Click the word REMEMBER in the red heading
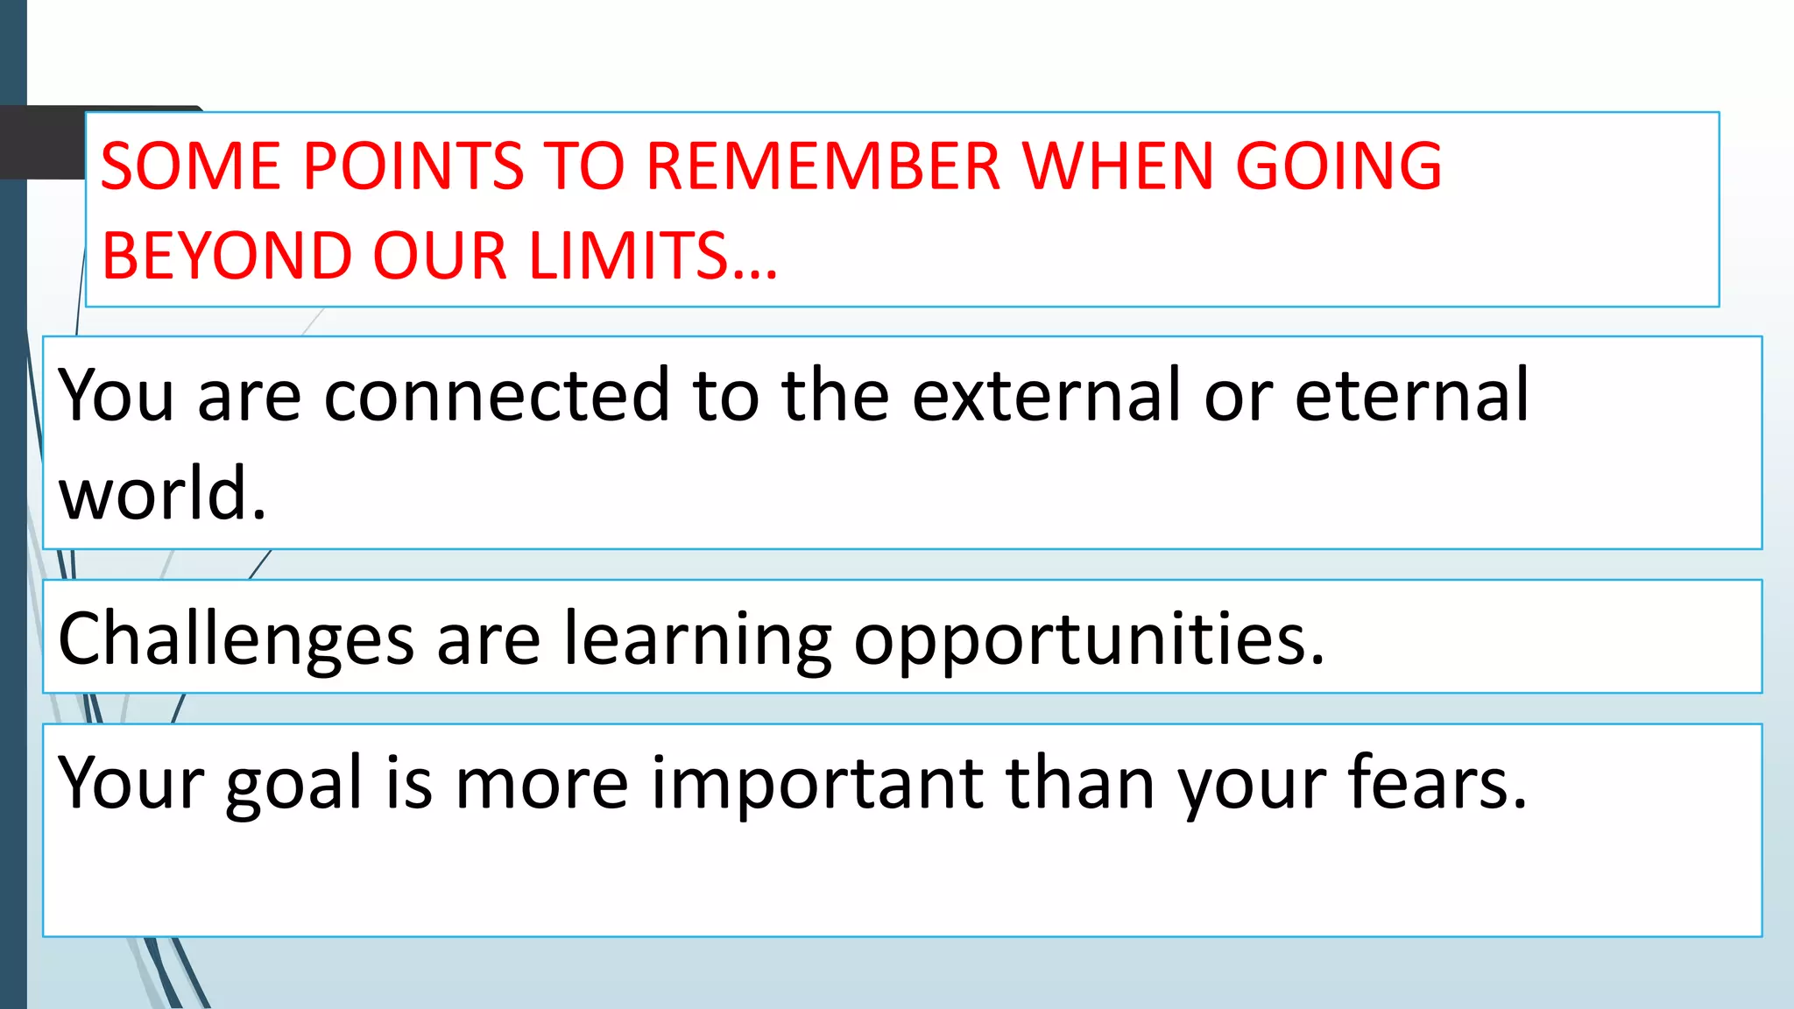pos(823,166)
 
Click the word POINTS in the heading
pos(413,166)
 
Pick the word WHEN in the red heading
pos(1117,166)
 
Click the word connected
pos(497,396)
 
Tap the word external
pos(1047,396)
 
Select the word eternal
pos(1412,396)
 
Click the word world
pos(162,493)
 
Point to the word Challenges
pos(236,639)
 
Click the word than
pos(1079,781)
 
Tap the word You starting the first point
pos(116,396)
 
